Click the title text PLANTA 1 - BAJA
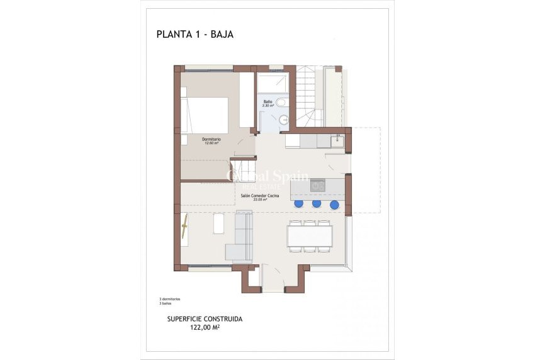point(194,34)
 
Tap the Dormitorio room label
point(211,138)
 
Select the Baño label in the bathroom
point(267,101)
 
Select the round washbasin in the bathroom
point(281,102)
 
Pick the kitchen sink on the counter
point(337,140)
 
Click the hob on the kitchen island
point(318,186)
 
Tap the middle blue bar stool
point(317,203)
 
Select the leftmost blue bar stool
point(299,203)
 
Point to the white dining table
point(310,236)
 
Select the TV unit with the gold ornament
point(185,227)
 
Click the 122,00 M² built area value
point(205,327)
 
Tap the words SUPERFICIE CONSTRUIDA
point(205,319)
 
